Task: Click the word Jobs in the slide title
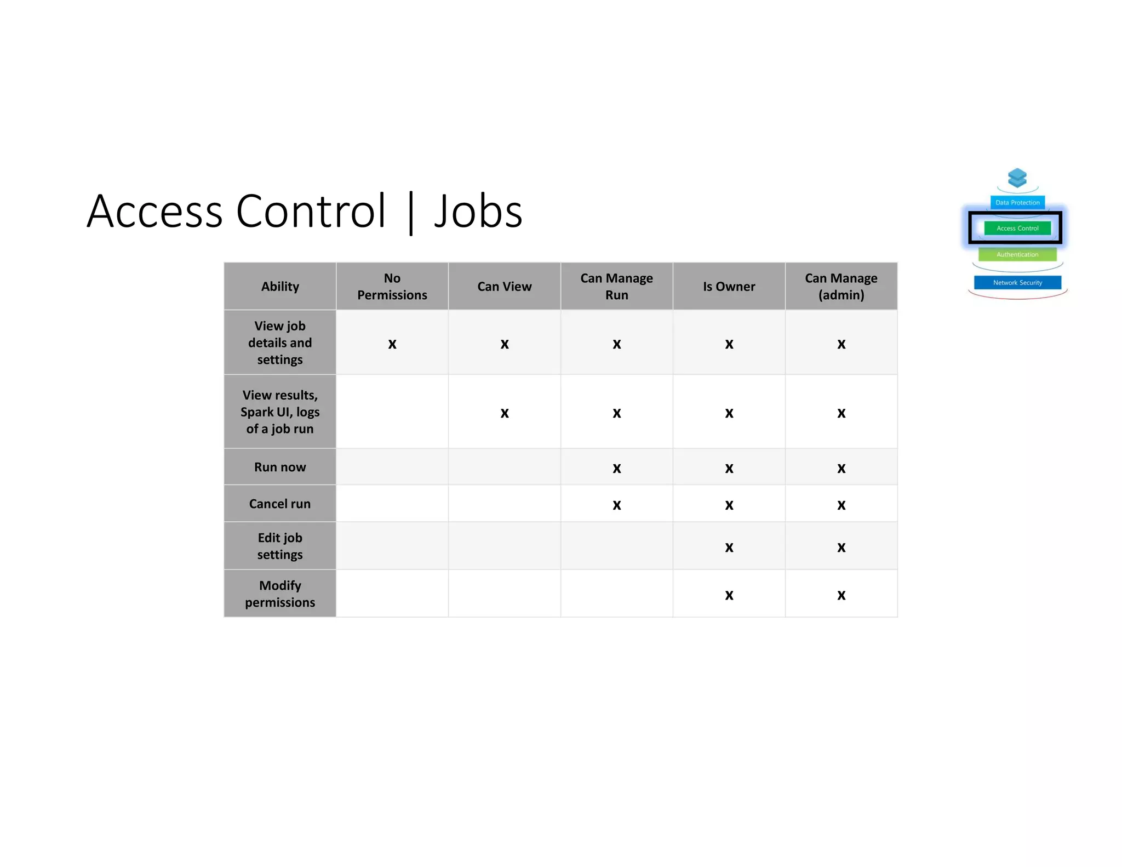pos(478,212)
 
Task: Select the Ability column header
pos(280,287)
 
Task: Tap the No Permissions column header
pos(392,287)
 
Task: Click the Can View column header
pos(504,287)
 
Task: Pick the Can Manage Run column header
pos(616,287)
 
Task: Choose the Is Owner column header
pos(729,287)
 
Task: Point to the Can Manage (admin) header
pos(841,287)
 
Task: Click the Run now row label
pos(280,467)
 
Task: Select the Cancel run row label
pos(280,504)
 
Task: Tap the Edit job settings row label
pos(280,546)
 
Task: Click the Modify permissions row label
pos(280,594)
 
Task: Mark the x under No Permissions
pos(392,344)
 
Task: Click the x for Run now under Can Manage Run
pos(617,469)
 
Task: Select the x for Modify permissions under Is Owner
pos(729,595)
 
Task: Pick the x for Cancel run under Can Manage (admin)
pos(841,505)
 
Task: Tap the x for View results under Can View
pos(505,413)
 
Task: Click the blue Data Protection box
pos(1017,202)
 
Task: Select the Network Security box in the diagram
pos(1017,282)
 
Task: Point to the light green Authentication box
pos(1017,254)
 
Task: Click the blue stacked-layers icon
pos(1017,178)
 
